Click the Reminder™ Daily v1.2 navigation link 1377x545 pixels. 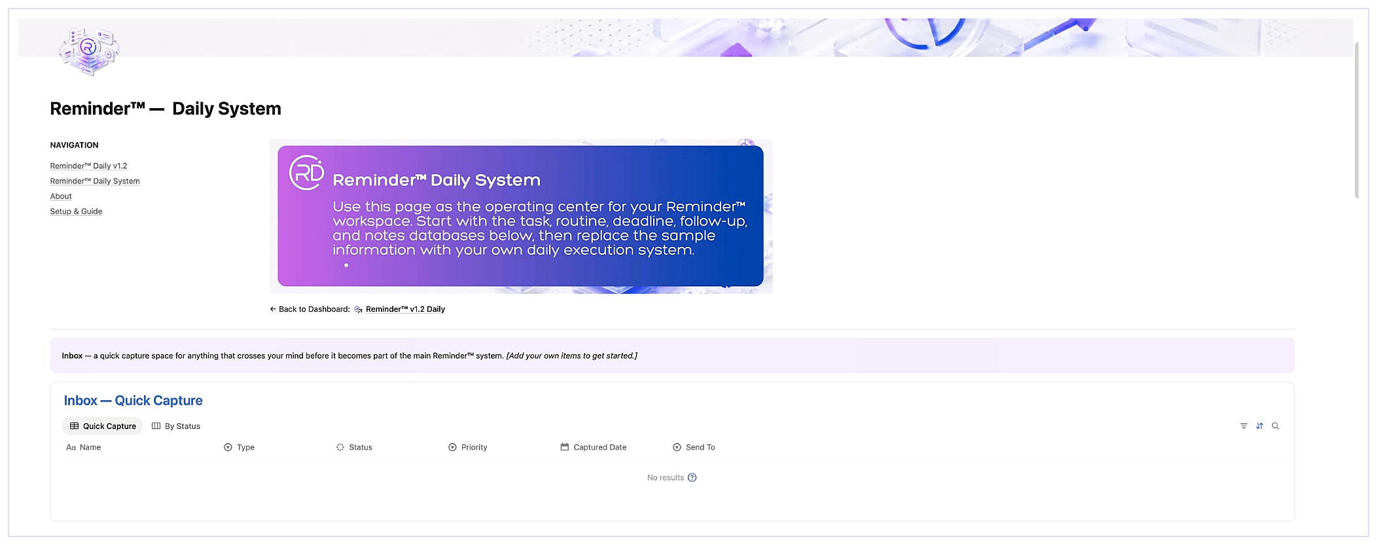[x=88, y=166]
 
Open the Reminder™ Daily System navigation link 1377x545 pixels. [x=95, y=181]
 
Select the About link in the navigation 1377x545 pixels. [x=61, y=196]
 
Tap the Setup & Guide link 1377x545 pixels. [x=76, y=211]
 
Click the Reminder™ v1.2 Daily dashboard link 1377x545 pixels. [x=405, y=309]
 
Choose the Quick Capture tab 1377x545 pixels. [x=103, y=426]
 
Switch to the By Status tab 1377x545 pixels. [x=176, y=426]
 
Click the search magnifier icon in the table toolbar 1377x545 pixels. [x=1275, y=426]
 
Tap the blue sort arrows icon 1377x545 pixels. [x=1259, y=426]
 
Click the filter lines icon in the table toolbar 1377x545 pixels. [x=1243, y=426]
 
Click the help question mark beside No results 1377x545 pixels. [x=692, y=478]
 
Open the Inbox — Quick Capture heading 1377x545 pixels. [x=133, y=400]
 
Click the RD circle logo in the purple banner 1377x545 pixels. [x=306, y=172]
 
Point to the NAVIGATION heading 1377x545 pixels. [x=74, y=145]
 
